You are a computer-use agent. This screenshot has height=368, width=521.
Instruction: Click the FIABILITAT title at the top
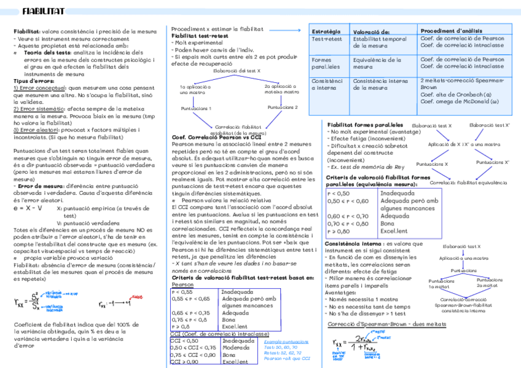(x=42, y=11)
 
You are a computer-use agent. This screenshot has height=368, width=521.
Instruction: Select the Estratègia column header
(x=326, y=31)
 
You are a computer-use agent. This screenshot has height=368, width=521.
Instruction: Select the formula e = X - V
(x=28, y=208)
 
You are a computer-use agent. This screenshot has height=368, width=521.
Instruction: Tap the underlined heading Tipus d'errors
(x=33, y=80)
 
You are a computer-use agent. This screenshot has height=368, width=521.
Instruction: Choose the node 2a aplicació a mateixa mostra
(x=270, y=90)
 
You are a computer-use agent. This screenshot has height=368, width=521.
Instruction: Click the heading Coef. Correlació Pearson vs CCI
(x=216, y=136)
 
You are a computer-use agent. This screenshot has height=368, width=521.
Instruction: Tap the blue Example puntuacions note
(x=286, y=341)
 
